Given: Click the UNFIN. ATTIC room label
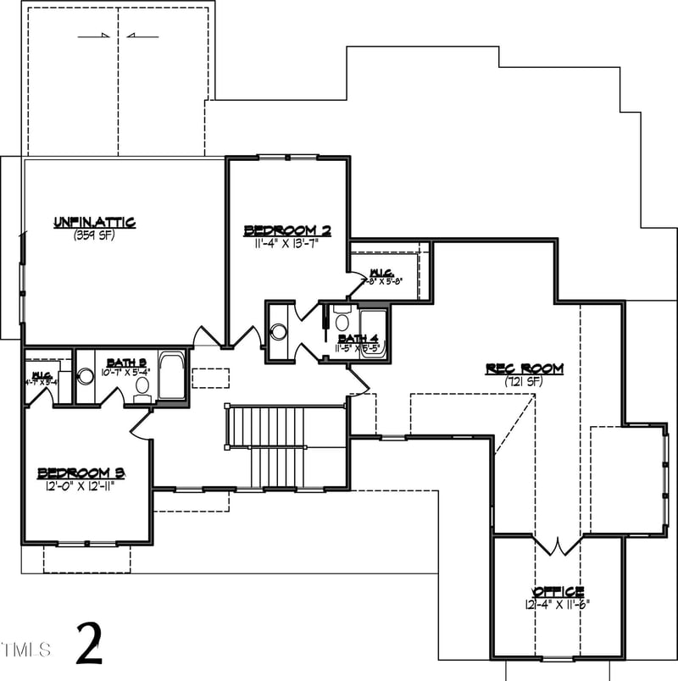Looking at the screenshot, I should (x=95, y=222).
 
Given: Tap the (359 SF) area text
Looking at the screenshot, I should (x=95, y=235).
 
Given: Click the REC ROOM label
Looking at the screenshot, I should (x=524, y=368).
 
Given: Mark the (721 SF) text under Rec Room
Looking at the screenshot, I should (x=524, y=381).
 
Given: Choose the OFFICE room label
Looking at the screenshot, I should (x=557, y=591).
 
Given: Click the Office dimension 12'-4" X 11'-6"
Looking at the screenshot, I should (x=557, y=605).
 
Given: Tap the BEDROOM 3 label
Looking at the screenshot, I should (x=81, y=473).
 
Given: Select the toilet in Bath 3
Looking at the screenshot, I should (x=142, y=388).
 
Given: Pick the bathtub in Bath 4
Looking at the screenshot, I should (x=372, y=335).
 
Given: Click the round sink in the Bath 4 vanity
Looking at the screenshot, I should (x=278, y=331).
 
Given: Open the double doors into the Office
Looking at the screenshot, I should (x=557, y=545).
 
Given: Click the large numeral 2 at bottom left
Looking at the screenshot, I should (x=89, y=645).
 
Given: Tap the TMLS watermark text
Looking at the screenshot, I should (x=26, y=650).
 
